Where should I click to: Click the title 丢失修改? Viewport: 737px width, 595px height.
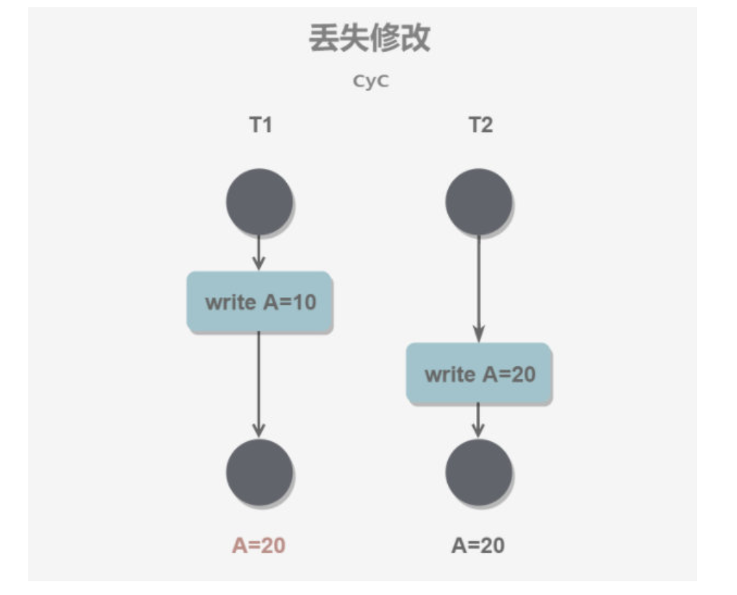point(370,38)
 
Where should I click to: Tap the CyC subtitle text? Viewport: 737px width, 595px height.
point(370,81)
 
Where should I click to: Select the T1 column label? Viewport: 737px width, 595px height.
point(260,125)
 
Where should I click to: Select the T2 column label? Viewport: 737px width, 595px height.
point(480,125)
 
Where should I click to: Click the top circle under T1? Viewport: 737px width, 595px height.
point(259,201)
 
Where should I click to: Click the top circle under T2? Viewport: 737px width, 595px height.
point(478,201)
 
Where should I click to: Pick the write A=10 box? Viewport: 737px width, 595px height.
point(260,302)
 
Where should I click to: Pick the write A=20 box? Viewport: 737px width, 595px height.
point(479,374)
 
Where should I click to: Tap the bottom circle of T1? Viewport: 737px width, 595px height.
point(259,472)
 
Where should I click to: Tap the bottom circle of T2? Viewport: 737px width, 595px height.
point(478,472)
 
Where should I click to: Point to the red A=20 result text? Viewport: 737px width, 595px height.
point(259,546)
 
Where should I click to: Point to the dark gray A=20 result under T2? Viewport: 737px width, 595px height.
point(478,546)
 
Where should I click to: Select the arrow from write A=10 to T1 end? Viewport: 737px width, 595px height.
point(259,384)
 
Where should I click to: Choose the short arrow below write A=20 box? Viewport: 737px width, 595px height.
point(478,420)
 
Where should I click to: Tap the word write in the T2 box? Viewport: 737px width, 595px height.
point(450,374)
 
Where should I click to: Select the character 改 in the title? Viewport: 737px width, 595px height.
point(415,38)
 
